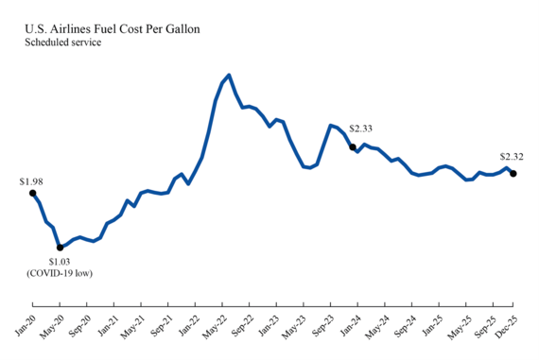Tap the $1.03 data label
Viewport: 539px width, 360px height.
tap(61, 262)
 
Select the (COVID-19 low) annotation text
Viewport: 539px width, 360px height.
tap(61, 274)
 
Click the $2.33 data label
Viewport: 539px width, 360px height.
tap(362, 129)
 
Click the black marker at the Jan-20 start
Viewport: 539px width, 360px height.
tap(33, 193)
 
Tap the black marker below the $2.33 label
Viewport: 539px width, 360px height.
tap(353, 146)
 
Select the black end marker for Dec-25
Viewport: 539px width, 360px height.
tap(513, 173)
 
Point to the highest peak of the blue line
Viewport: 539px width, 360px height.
tap(230, 75)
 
